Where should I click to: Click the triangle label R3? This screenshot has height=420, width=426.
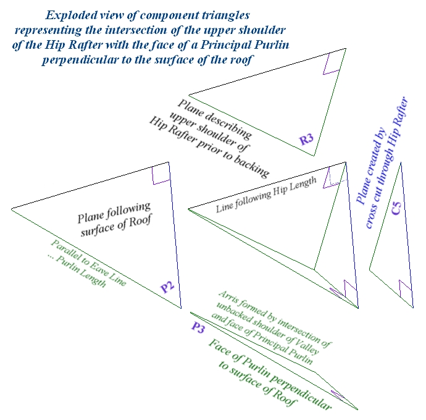pos(307,140)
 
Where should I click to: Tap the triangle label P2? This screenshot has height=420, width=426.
pos(168,286)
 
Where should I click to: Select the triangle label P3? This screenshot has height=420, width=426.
pos(198,328)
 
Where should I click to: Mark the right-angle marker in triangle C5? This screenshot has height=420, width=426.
pos(405,288)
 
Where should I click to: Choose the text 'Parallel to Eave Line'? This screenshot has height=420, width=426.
pos(89,261)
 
